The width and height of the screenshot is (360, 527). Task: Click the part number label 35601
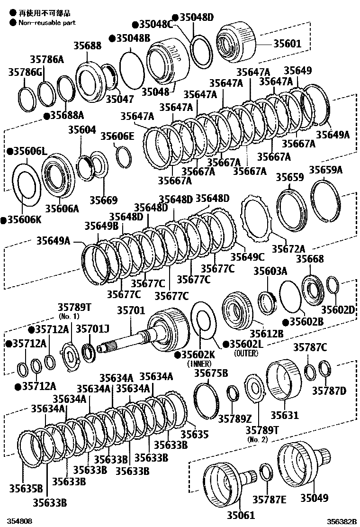[x=288, y=44]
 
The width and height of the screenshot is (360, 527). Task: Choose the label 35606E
[x=117, y=136]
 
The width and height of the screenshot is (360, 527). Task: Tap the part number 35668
[x=310, y=259]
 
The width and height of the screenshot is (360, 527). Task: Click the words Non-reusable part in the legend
[x=47, y=22]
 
